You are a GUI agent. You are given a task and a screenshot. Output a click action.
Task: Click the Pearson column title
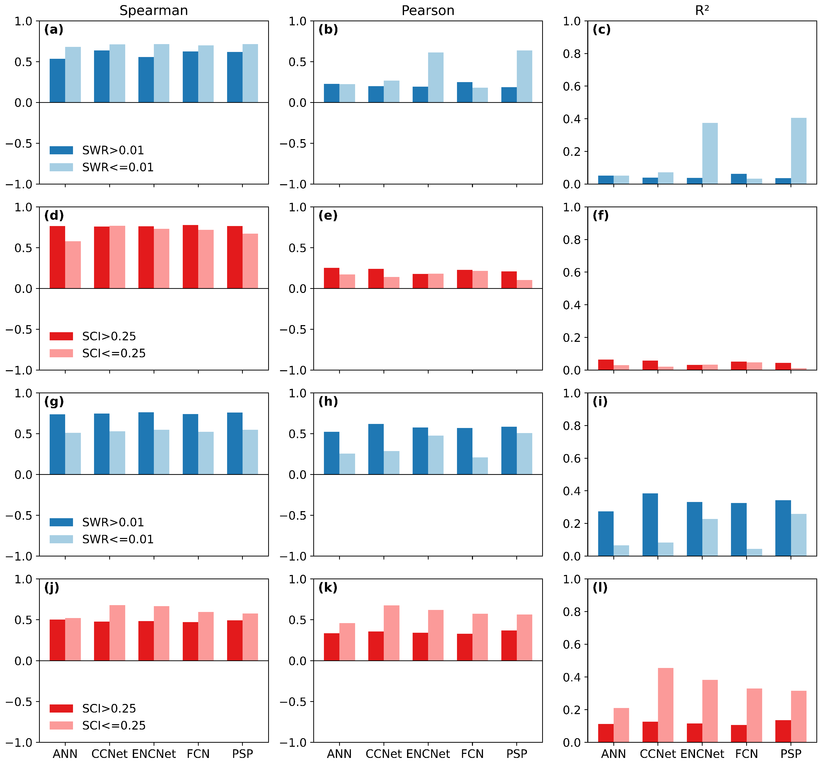click(428, 10)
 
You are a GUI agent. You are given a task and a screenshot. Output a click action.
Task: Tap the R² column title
click(702, 10)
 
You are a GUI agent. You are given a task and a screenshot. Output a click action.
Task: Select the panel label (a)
click(54, 29)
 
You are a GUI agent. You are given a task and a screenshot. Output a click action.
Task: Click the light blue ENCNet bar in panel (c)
click(710, 153)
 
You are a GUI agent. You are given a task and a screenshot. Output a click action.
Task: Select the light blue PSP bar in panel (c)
click(799, 151)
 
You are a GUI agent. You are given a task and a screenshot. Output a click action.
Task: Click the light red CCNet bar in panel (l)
click(666, 705)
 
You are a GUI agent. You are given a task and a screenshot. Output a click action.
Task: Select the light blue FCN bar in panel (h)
click(480, 466)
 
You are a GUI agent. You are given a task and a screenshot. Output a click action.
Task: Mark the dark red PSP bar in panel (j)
click(235, 640)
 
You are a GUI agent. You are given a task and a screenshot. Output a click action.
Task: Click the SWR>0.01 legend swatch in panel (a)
click(61, 150)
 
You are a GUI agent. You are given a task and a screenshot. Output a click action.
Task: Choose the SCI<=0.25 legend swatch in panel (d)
click(61, 353)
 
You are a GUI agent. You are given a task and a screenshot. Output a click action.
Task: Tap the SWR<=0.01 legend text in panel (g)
click(118, 539)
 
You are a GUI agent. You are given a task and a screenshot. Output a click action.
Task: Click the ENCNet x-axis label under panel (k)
click(428, 754)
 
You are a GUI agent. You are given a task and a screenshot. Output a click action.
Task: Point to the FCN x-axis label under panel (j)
click(198, 754)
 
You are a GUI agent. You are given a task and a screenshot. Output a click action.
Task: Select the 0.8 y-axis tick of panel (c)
click(572, 54)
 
